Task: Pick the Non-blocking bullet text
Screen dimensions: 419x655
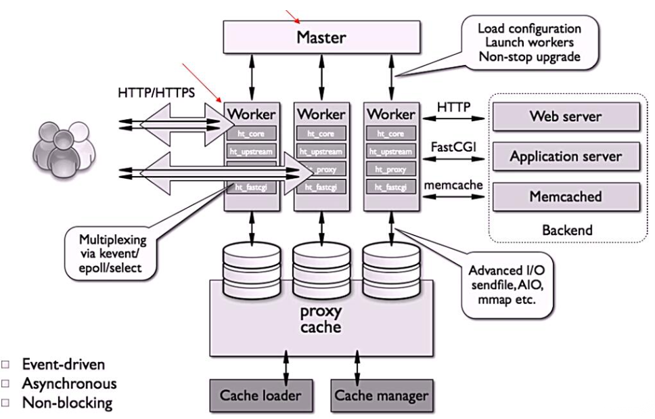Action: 65,401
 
